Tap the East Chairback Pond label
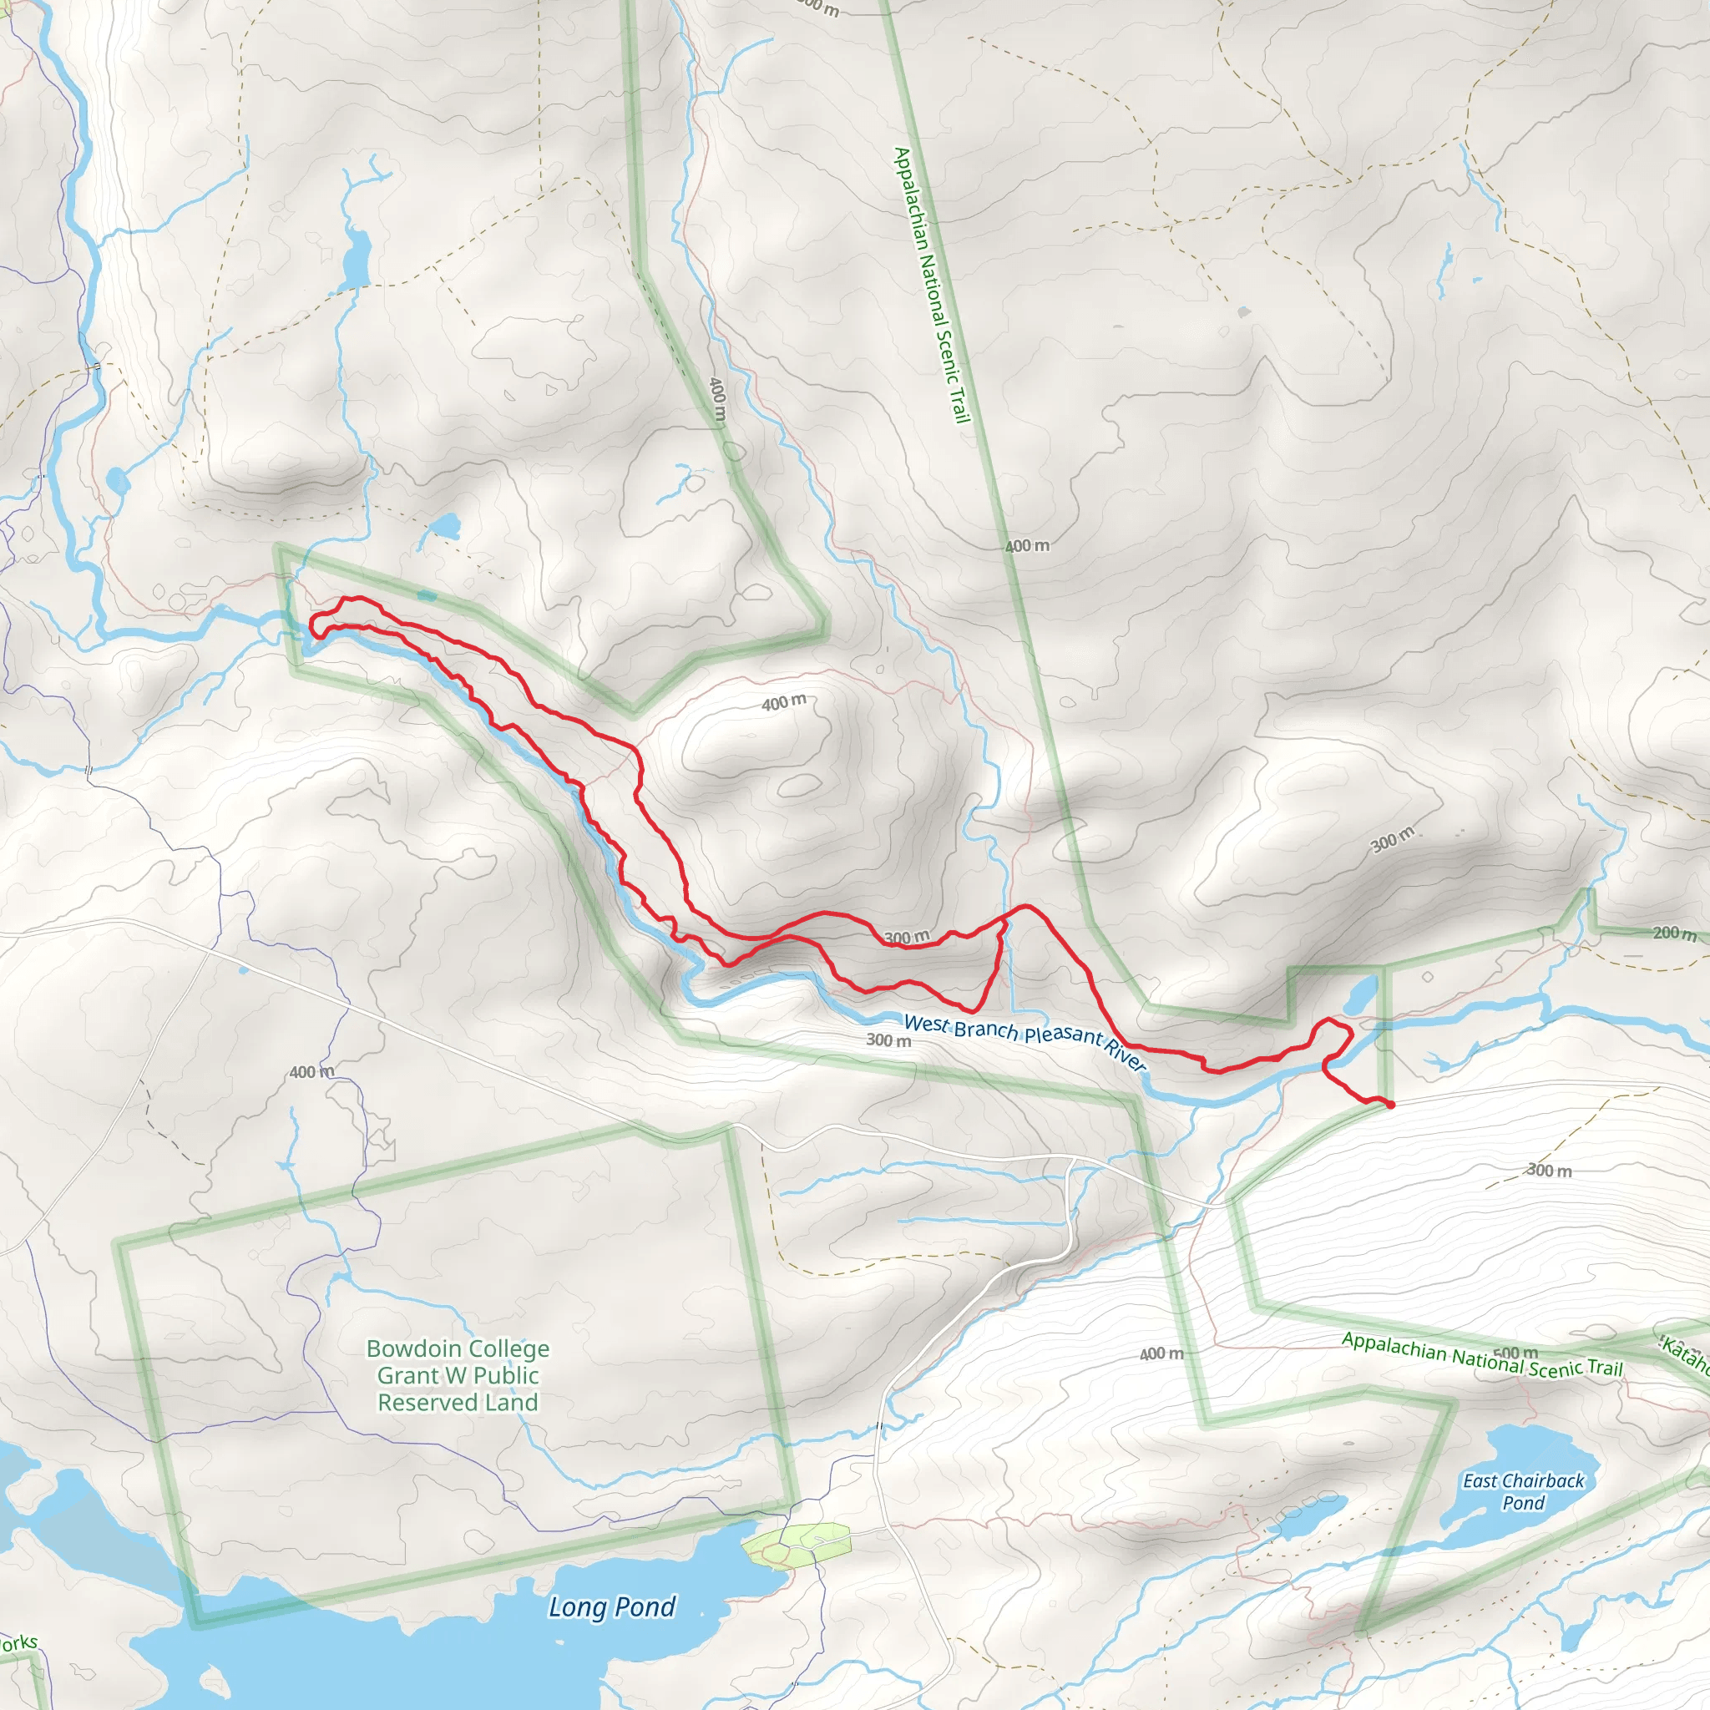tap(1523, 1491)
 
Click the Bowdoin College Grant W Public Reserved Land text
tap(458, 1375)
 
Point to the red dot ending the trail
tap(1390, 1105)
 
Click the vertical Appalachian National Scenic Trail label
tap(932, 285)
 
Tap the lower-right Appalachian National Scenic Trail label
tap(1482, 1355)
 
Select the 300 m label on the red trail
tap(908, 938)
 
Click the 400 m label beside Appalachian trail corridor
tap(1027, 546)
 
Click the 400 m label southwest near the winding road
tap(311, 1072)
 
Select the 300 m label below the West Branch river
tap(888, 1040)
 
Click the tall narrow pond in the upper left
tap(357, 259)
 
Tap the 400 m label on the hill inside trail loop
tap(783, 703)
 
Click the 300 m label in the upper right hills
tap(1392, 839)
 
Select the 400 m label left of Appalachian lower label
tap(1161, 1354)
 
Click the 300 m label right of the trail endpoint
tap(1549, 1170)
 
